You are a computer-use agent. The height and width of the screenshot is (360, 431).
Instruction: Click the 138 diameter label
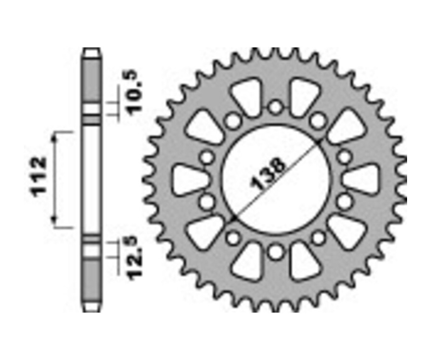pos(268,174)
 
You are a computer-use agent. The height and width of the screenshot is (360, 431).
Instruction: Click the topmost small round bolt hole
pos(275,107)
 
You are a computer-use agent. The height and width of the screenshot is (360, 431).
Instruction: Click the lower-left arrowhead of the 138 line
pos(233,219)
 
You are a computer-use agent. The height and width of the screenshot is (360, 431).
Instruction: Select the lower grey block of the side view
pos(92,278)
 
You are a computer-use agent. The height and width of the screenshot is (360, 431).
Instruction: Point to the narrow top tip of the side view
pos(92,51)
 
